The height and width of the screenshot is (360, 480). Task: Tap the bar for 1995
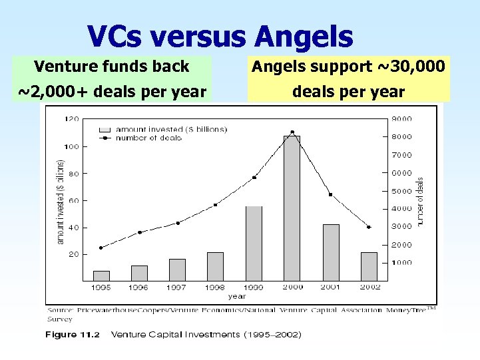click(101, 275)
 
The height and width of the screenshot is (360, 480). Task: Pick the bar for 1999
click(254, 243)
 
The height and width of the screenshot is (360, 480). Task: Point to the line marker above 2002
click(369, 227)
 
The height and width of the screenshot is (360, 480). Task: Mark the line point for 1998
click(215, 205)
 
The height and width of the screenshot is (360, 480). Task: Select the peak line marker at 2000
click(292, 132)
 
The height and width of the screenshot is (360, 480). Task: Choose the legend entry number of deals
click(144, 138)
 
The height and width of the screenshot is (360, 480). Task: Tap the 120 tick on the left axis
click(71, 119)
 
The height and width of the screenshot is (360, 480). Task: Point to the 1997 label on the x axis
click(177, 287)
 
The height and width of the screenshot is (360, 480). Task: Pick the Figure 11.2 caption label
click(73, 335)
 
